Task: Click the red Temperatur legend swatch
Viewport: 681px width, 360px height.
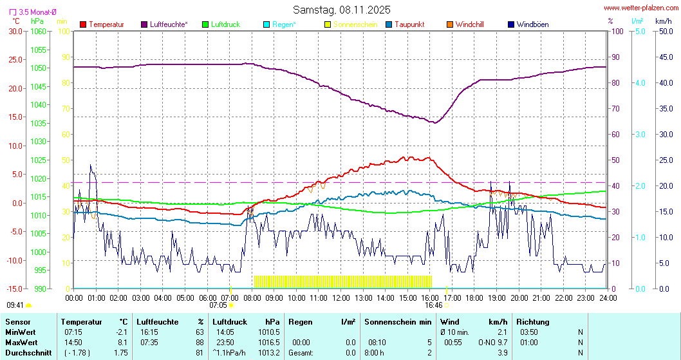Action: click(x=83, y=24)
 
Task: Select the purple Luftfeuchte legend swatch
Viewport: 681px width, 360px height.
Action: click(x=144, y=24)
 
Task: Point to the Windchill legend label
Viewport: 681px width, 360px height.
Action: click(x=469, y=24)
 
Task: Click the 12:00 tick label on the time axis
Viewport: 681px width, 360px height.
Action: click(x=340, y=298)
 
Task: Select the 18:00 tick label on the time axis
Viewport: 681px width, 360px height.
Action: click(x=474, y=298)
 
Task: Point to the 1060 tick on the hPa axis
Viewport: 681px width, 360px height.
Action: click(x=39, y=31)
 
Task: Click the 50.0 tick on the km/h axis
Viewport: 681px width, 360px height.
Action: click(x=664, y=31)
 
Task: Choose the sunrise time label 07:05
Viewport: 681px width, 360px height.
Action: click(x=218, y=305)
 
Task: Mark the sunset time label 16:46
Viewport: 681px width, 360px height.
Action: click(x=433, y=305)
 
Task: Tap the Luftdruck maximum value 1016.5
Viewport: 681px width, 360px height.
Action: click(x=271, y=342)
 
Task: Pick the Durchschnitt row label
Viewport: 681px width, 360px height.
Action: click(x=24, y=352)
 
